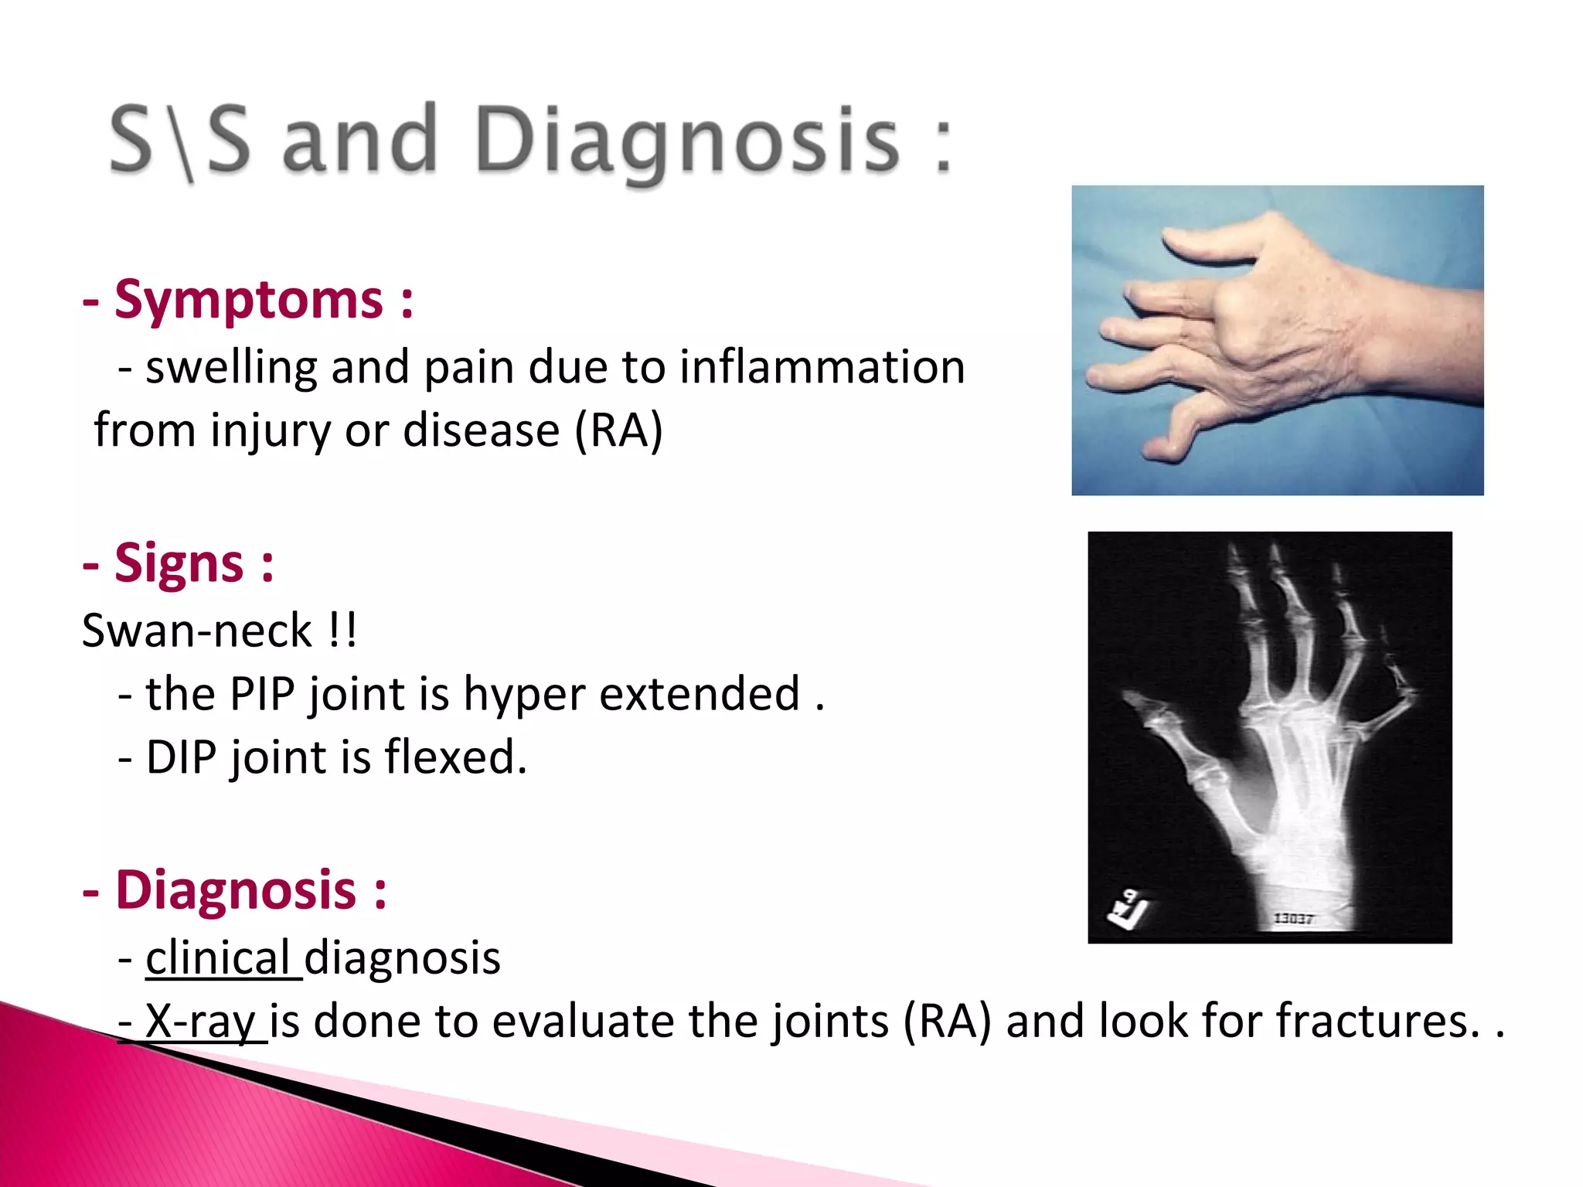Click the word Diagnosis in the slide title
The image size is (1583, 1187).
click(686, 141)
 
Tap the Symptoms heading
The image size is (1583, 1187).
click(248, 300)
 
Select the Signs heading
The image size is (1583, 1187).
click(179, 563)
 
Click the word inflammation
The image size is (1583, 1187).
click(822, 367)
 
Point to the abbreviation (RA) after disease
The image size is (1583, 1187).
click(618, 430)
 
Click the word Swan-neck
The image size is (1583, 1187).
click(197, 631)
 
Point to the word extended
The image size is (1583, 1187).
click(699, 694)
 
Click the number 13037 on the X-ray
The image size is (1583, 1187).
click(1293, 918)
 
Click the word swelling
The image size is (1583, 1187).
click(231, 367)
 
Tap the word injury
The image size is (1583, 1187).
click(270, 430)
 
